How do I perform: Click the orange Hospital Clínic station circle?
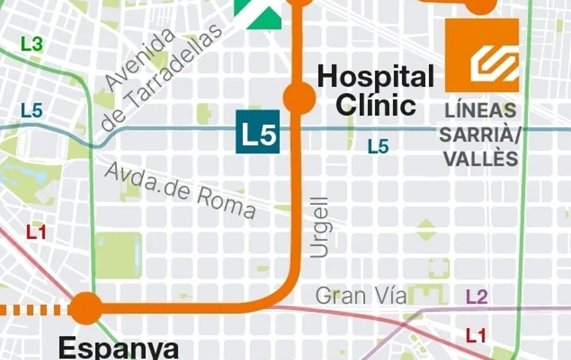(x=299, y=98)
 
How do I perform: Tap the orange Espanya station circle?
(x=87, y=308)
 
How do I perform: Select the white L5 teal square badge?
(x=258, y=132)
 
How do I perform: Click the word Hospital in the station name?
(x=375, y=77)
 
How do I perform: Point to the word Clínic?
(x=375, y=105)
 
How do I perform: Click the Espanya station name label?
(x=118, y=347)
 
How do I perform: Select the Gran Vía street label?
(x=361, y=296)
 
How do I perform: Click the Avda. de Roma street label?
(x=180, y=190)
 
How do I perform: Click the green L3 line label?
(x=31, y=43)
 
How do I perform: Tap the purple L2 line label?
(x=477, y=297)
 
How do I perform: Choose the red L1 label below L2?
(x=476, y=335)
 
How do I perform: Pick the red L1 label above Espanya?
(x=37, y=232)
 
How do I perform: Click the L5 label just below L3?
(x=32, y=111)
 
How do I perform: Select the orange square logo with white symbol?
(x=482, y=55)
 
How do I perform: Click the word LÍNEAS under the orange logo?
(x=481, y=110)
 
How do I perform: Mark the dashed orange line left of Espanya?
(x=34, y=309)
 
